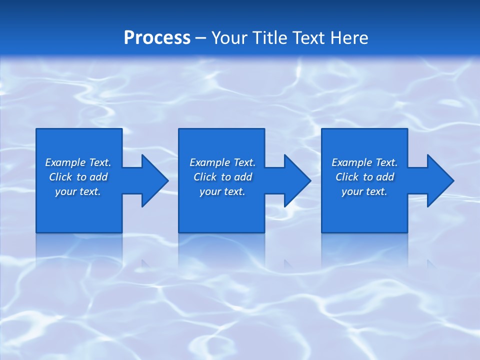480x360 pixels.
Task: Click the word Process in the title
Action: pyautogui.click(x=157, y=38)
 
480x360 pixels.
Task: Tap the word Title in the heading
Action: pyautogui.click(x=270, y=38)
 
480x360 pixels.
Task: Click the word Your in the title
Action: pyautogui.click(x=229, y=38)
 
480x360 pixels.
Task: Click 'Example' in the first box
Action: pyautogui.click(x=65, y=162)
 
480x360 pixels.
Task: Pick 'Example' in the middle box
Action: pyautogui.click(x=209, y=162)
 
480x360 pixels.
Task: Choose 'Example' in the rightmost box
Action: pyautogui.click(x=351, y=162)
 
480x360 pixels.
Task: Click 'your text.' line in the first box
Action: pyautogui.click(x=78, y=191)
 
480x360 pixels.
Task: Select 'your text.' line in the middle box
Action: pyautogui.click(x=222, y=191)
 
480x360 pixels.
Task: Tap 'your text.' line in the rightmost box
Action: pyautogui.click(x=364, y=191)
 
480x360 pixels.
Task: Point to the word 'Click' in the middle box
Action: pyautogui.click(x=205, y=177)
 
